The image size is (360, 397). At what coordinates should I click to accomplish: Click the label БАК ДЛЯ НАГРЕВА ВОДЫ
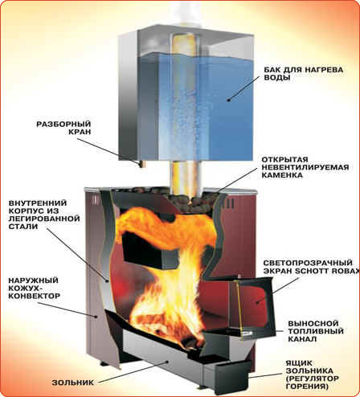tap(304, 74)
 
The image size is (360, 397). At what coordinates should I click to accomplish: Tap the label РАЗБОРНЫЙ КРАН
tap(63, 128)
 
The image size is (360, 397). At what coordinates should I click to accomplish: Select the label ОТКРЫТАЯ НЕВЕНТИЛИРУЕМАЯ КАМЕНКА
tap(305, 167)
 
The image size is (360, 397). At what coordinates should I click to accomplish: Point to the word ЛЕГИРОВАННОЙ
tap(44, 219)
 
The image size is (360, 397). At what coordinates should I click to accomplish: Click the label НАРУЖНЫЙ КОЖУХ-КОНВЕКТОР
tap(35, 289)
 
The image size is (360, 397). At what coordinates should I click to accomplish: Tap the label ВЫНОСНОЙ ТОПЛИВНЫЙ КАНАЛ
tap(316, 331)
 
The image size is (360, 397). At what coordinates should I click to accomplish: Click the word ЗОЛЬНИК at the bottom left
tap(73, 383)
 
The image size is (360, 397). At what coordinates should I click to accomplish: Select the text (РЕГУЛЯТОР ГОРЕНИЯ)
tap(313, 383)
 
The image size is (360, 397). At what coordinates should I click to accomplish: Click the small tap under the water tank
tap(141, 163)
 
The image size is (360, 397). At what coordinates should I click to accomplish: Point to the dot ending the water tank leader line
tap(228, 100)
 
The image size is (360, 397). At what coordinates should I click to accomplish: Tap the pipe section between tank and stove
tap(186, 174)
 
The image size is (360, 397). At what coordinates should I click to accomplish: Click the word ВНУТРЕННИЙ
tap(38, 203)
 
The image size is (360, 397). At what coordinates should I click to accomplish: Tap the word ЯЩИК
tap(296, 363)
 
